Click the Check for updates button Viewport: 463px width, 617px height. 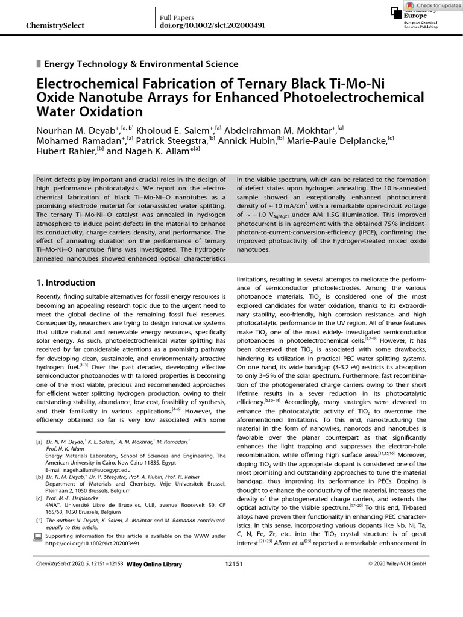(x=433, y=5)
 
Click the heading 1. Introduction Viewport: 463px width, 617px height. (x=66, y=283)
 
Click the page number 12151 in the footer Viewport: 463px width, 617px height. (x=233, y=597)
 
